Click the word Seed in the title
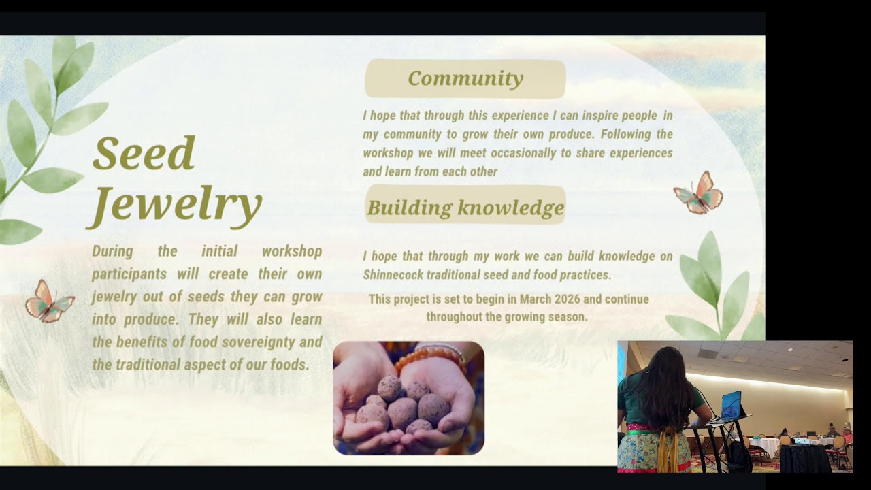click(x=144, y=153)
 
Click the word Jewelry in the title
click(x=174, y=206)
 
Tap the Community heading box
click(x=465, y=78)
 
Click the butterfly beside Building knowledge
click(x=698, y=193)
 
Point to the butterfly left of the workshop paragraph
click(x=50, y=301)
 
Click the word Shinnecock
click(x=393, y=275)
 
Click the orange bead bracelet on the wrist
click(x=429, y=358)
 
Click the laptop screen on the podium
click(x=732, y=405)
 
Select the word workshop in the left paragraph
click(x=292, y=252)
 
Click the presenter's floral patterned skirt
click(x=653, y=451)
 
